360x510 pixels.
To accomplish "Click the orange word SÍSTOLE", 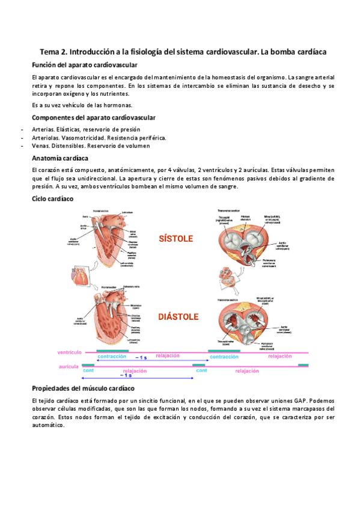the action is pos(175,239).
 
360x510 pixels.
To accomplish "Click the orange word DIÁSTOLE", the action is pos(178,316).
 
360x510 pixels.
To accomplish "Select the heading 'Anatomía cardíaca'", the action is pos(59,158).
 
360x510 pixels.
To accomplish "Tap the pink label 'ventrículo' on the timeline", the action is pos(69,351).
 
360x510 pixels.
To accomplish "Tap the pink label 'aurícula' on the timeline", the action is pos(69,366).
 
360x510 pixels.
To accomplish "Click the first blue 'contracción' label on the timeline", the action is pos(111,357).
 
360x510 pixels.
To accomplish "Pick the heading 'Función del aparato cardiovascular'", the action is pos(85,64).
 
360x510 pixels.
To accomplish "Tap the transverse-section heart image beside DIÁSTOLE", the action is pos(250,319).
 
